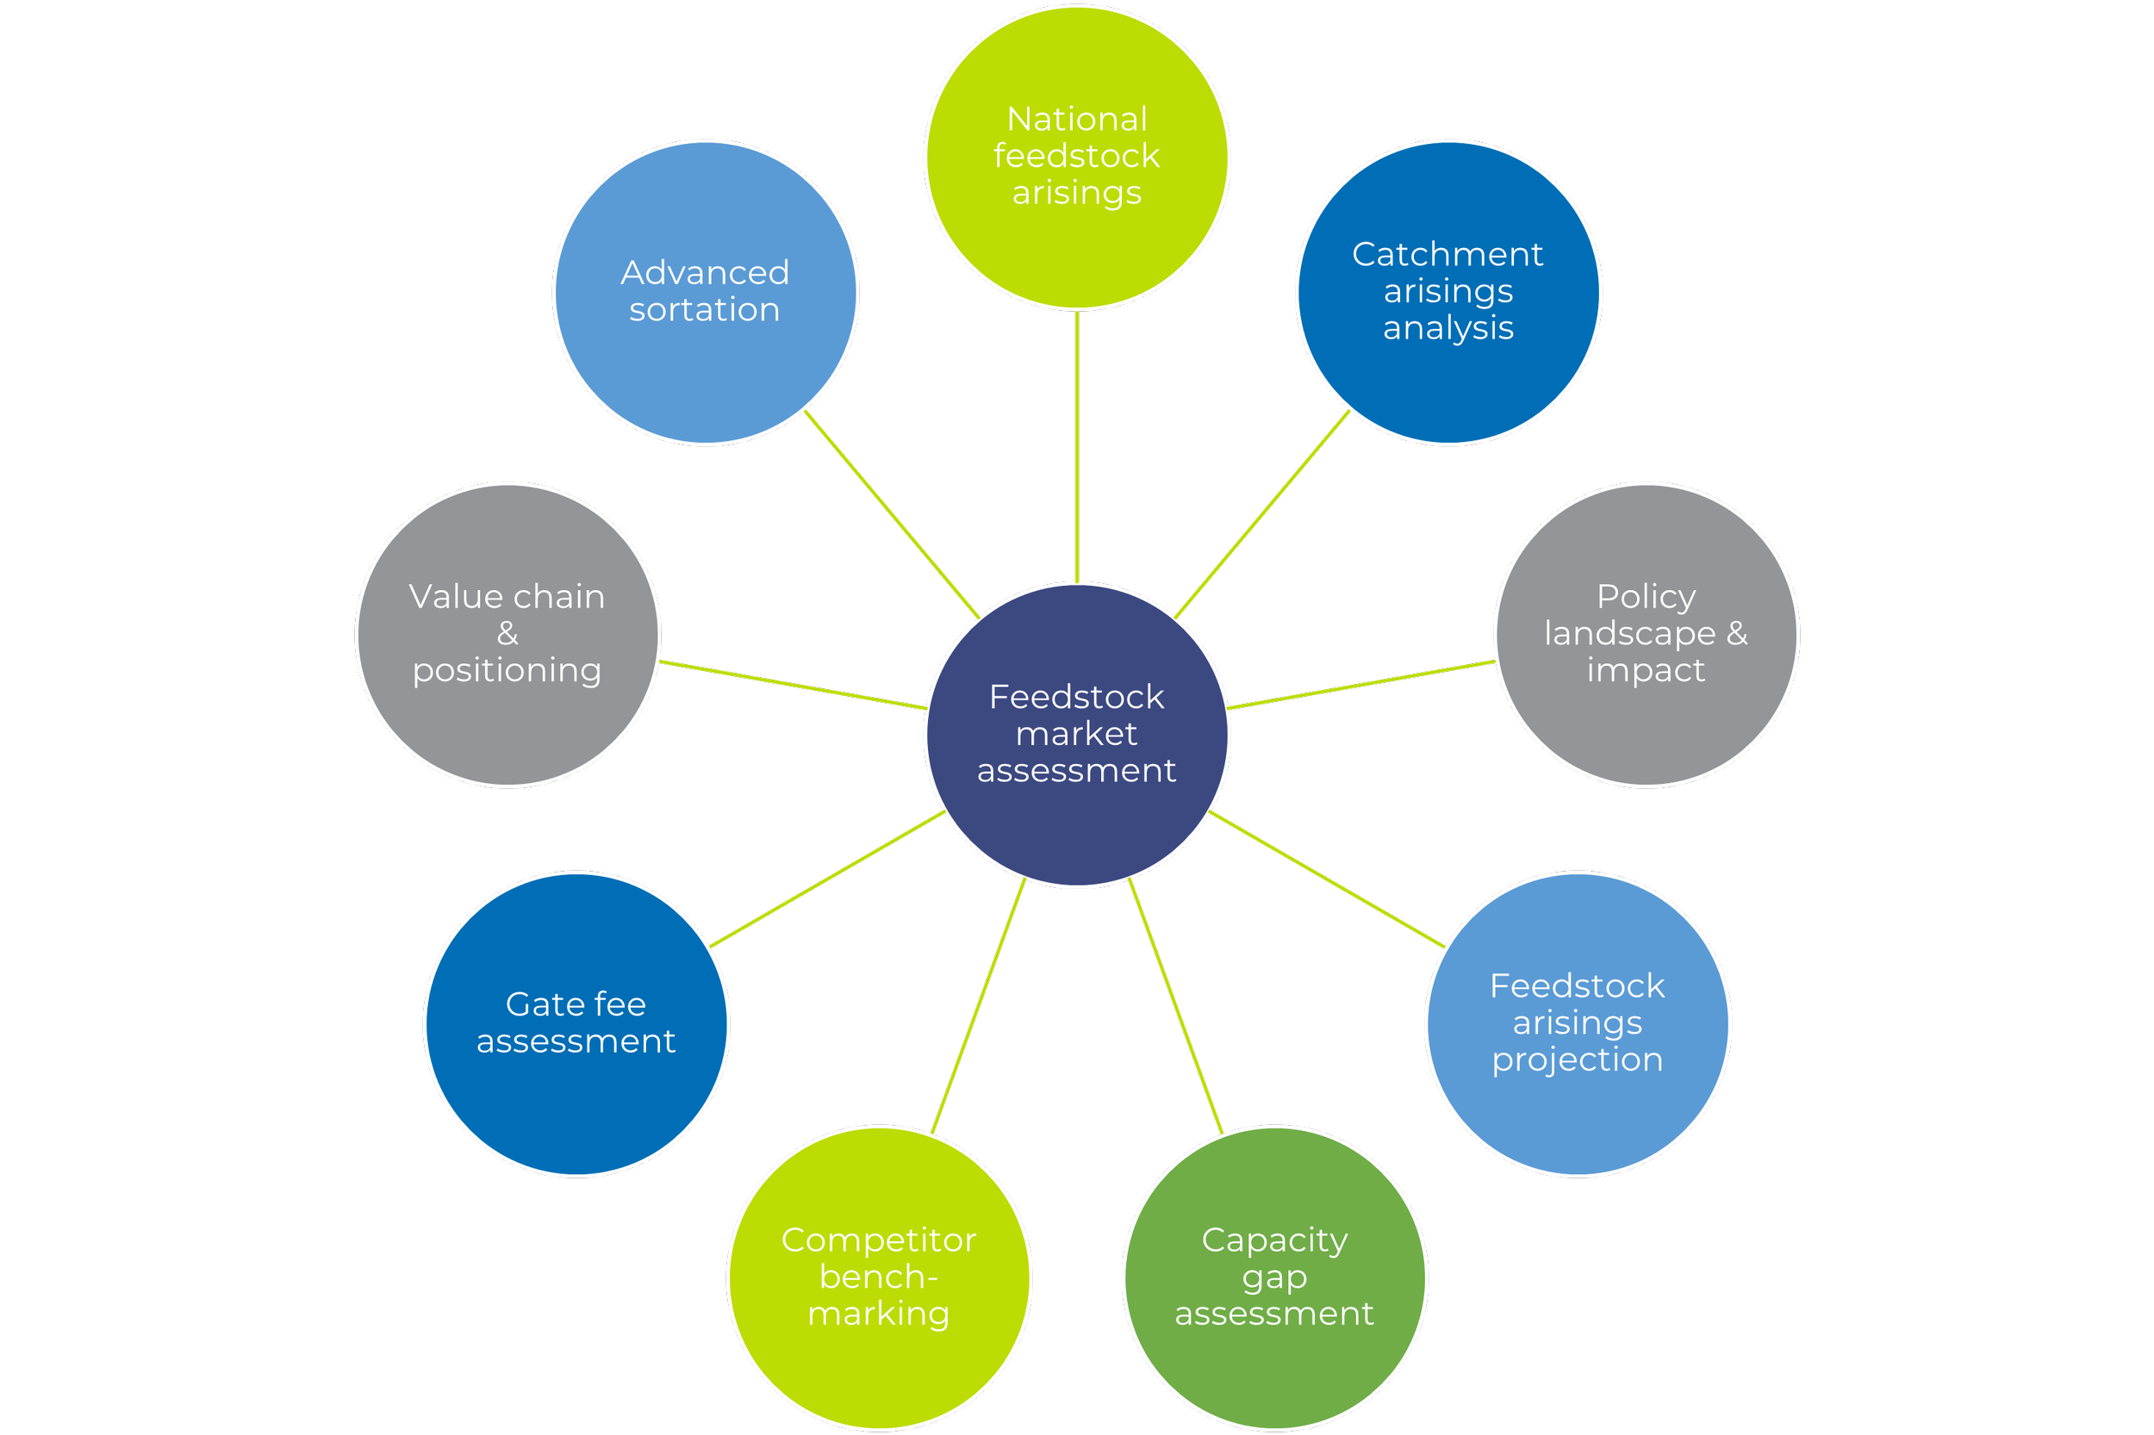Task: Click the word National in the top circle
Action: [1076, 119]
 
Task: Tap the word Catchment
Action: [1447, 254]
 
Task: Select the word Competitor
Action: [879, 1240]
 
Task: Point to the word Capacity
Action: [1274, 1240]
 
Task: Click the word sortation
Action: [705, 310]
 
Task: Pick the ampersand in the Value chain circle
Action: [507, 633]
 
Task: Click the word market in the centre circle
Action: [1076, 734]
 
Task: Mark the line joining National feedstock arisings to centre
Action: [1076, 449]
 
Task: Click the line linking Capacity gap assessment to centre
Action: [1176, 1007]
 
